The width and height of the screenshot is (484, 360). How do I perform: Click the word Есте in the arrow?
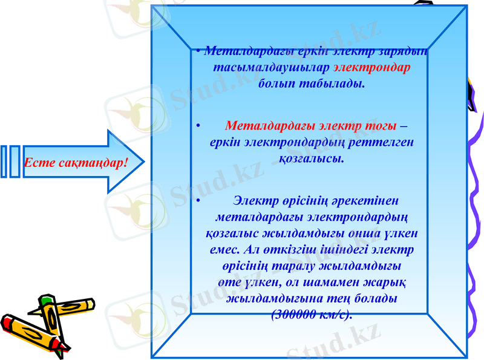tap(37, 163)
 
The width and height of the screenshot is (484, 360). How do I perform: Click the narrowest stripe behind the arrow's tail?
tap(4, 161)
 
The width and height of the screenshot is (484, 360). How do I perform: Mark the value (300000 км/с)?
tap(312, 314)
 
